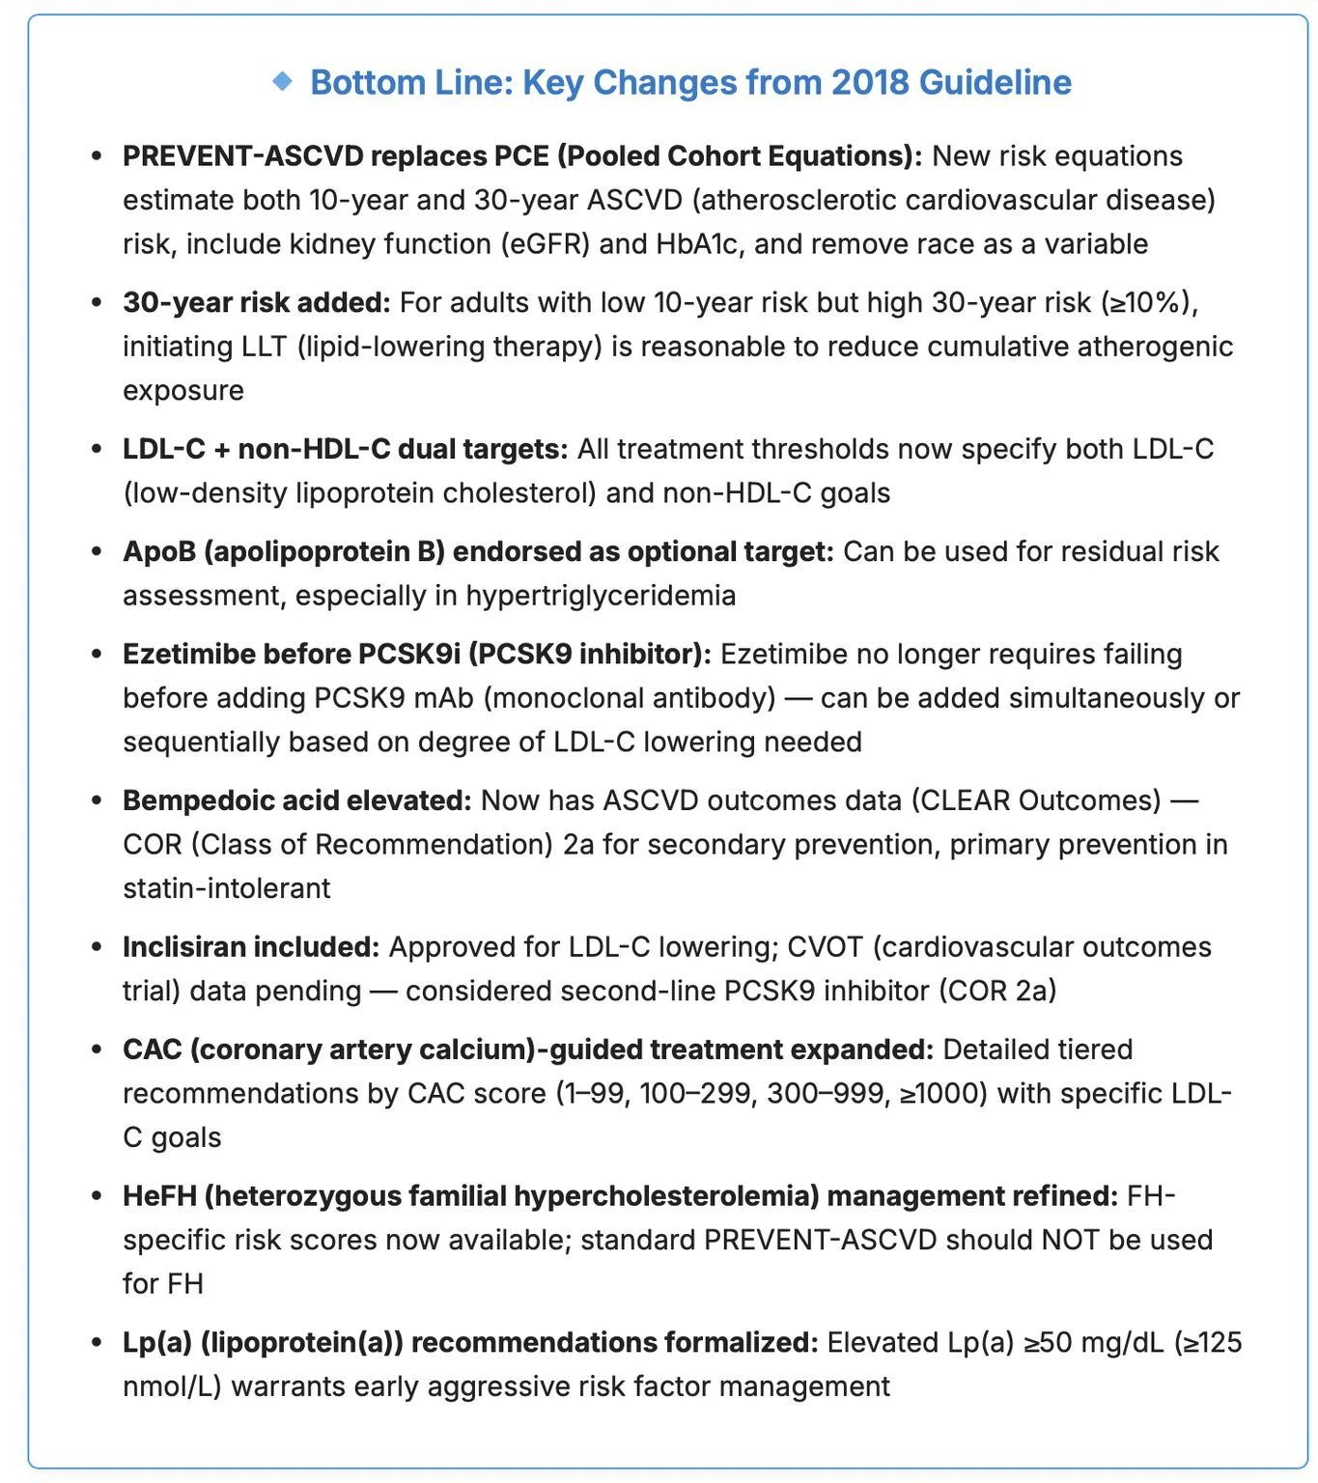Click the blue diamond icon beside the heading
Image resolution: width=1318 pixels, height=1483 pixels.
(282, 81)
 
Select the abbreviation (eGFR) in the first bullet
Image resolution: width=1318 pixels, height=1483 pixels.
(545, 243)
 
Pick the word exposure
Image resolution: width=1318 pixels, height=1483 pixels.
(183, 391)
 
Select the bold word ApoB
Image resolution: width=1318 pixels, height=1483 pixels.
(159, 551)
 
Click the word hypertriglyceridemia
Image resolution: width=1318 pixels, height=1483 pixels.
(601, 596)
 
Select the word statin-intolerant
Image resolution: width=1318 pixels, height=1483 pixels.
(226, 888)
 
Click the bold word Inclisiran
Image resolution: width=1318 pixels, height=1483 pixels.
(183, 947)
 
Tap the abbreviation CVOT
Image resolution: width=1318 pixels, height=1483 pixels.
(825, 947)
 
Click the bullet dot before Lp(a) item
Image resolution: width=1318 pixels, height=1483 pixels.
(96, 1343)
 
